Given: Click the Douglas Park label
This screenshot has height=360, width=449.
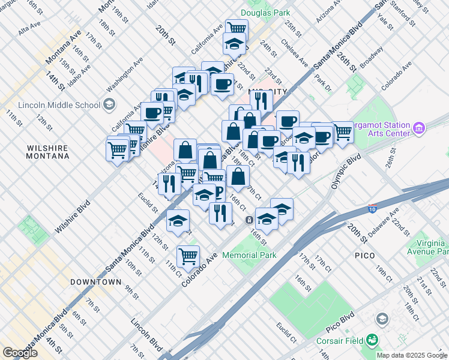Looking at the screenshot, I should point(265,12).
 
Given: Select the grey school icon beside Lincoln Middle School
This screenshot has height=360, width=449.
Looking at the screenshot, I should point(109,104).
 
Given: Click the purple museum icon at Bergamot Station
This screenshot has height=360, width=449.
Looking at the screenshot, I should point(419,128).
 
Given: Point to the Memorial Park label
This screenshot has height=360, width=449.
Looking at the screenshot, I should point(249,255).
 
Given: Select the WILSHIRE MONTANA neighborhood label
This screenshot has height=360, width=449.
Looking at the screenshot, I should point(47,151).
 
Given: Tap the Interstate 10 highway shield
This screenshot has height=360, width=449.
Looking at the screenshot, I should point(373,209).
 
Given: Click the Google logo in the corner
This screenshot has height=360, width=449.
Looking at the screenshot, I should point(20,353).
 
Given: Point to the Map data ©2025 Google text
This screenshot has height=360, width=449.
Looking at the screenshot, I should point(411,355).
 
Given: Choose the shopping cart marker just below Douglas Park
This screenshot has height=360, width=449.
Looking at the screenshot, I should point(237,28).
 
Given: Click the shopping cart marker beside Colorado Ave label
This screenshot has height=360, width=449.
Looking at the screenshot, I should point(188,256).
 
